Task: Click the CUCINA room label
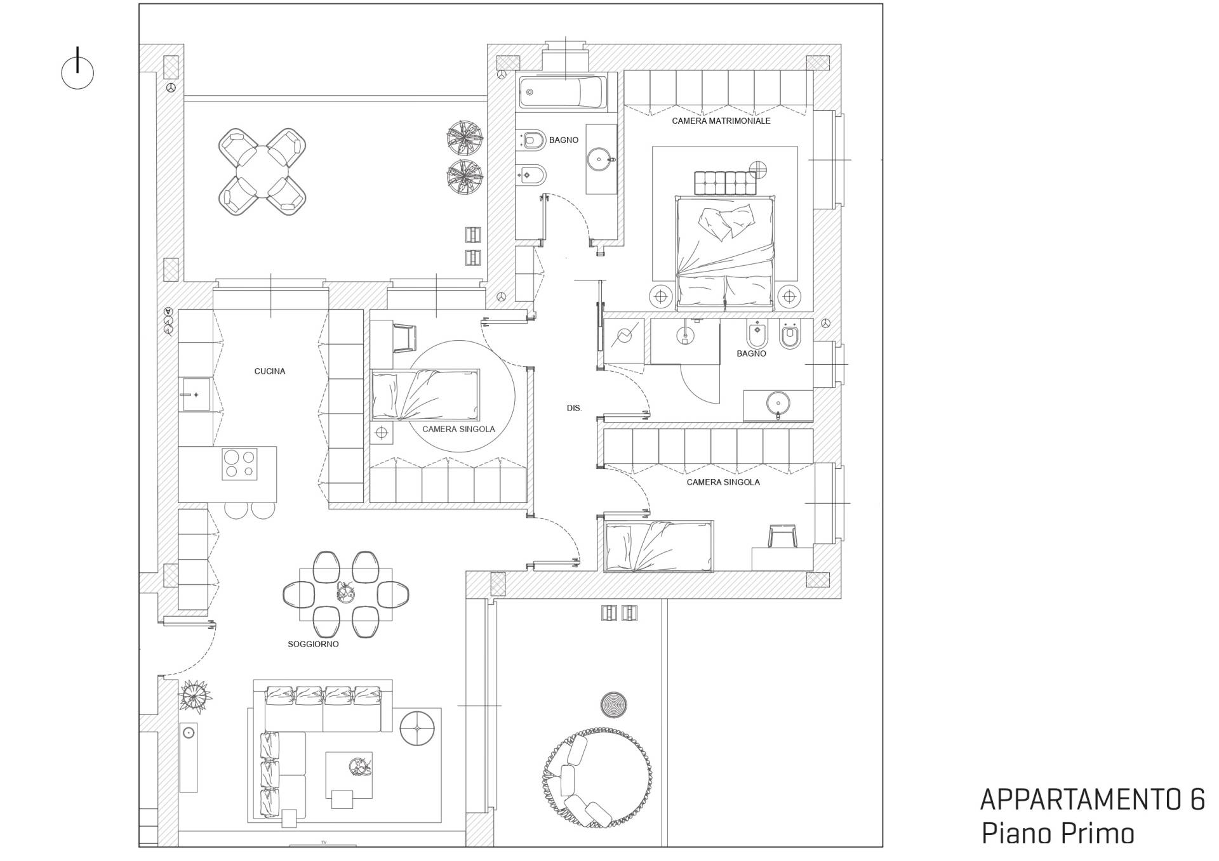(270, 371)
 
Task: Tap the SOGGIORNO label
(313, 644)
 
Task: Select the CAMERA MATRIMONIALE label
(721, 121)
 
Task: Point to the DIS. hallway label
(574, 408)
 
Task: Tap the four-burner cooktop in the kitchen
(239, 464)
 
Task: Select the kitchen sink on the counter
(196, 395)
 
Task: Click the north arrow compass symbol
(77, 71)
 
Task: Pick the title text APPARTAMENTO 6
(1092, 801)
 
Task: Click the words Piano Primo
(1058, 834)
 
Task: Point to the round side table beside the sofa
(417, 728)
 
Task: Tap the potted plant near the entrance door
(195, 696)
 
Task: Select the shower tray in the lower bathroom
(623, 341)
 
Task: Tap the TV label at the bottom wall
(323, 842)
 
